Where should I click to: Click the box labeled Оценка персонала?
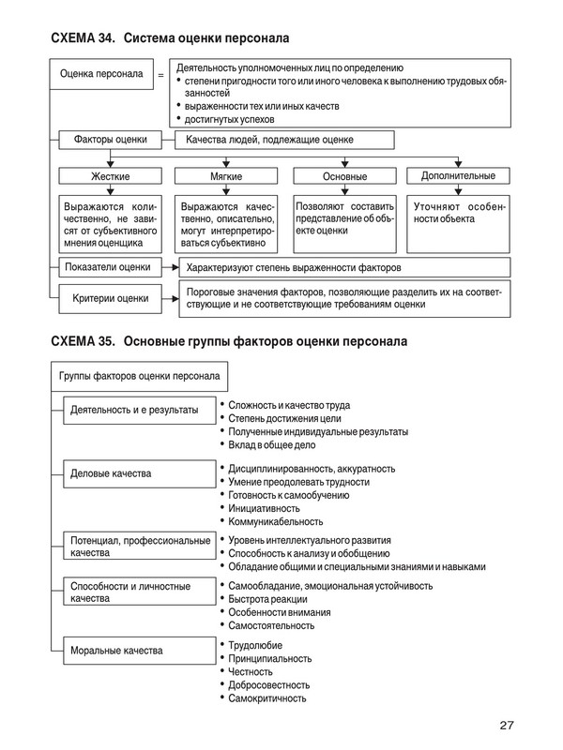pos(101,72)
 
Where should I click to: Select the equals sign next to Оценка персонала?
pos(160,73)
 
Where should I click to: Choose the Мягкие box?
pos(222,175)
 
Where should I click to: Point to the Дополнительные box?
pos(457,175)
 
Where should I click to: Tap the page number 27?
pos(507,725)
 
